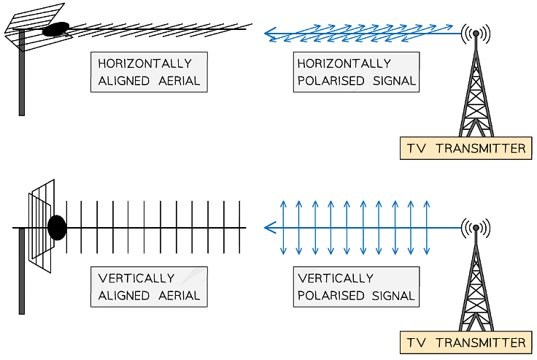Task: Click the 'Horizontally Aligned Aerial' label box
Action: (x=149, y=72)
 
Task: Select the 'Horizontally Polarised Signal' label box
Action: (x=357, y=72)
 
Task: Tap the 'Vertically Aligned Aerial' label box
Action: (x=149, y=286)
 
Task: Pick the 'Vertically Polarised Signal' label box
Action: (x=357, y=286)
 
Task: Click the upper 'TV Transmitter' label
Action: (x=465, y=148)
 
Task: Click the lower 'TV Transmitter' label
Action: (x=465, y=342)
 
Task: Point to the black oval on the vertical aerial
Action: (x=56, y=227)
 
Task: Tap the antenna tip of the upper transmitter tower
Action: (x=476, y=33)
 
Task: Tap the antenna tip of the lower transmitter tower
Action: (x=476, y=228)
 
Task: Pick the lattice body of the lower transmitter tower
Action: (x=476, y=285)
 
